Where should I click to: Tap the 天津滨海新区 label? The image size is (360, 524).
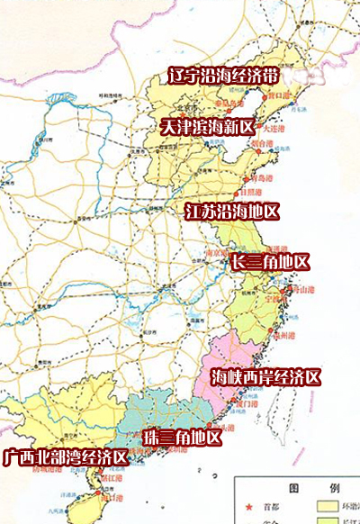click(x=208, y=127)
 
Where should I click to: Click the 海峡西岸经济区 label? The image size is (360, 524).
click(x=265, y=376)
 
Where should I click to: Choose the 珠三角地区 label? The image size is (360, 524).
click(x=182, y=438)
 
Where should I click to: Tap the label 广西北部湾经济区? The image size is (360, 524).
click(x=64, y=457)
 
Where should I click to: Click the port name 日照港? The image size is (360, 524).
click(x=251, y=193)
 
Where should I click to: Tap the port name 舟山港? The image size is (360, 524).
click(x=301, y=291)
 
